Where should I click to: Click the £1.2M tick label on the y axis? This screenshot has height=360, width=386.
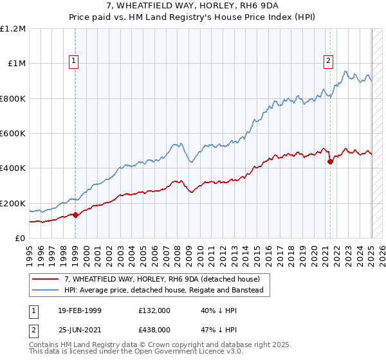pos(13,28)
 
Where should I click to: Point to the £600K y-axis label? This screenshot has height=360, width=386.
pos(13,133)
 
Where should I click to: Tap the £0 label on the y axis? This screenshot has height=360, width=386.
pos(21,238)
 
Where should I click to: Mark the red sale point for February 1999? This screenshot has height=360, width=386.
pos(75,215)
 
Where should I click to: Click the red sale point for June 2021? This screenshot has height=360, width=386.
pos(330,161)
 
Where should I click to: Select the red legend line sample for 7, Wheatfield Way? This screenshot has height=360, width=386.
pos(46,279)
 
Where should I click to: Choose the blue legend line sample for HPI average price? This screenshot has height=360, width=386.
pos(46,291)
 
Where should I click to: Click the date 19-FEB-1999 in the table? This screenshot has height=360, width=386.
pos(75,311)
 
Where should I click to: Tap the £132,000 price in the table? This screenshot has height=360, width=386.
pos(154,311)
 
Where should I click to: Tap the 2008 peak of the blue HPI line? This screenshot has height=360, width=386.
pos(174,143)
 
